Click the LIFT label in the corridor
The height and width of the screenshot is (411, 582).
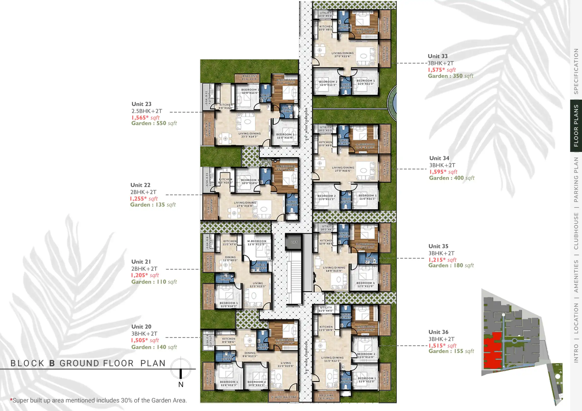click(294, 242)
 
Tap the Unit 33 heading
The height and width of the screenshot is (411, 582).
click(438, 56)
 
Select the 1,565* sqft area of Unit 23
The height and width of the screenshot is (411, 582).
click(145, 118)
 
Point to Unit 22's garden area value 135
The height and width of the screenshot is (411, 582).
click(160, 205)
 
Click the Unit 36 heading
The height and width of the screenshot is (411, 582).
click(438, 332)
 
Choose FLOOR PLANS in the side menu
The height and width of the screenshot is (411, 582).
click(576, 126)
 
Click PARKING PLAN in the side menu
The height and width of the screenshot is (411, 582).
click(576, 179)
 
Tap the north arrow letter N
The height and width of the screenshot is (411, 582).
click(181, 385)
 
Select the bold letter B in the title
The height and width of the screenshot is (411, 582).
click(52, 363)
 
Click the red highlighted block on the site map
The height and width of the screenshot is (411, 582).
click(492, 351)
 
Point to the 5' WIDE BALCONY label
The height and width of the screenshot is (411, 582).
click(284, 397)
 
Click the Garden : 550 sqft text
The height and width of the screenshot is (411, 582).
click(154, 123)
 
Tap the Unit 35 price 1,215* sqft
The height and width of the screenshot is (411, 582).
click(442, 260)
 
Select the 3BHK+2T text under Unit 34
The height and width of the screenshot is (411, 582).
click(442, 165)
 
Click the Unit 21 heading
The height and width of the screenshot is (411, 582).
click(141, 262)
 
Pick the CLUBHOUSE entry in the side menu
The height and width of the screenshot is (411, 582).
click(576, 231)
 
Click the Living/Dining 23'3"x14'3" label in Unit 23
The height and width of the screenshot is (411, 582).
click(249, 135)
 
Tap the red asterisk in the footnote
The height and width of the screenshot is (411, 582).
click(11, 400)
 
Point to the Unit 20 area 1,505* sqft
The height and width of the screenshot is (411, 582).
click(145, 340)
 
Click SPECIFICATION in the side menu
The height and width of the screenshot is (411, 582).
click(576, 71)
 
